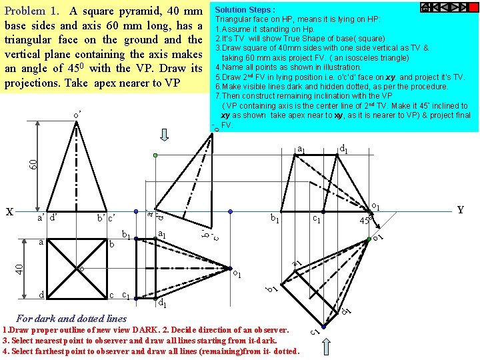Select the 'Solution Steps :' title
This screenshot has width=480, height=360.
point(245,10)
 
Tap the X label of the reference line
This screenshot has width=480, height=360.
point(9,212)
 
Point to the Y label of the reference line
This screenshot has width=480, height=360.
point(460,209)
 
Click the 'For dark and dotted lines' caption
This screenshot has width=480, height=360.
point(71,318)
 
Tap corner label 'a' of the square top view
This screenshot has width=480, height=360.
point(41,243)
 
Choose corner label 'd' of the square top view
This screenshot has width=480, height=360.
point(41,295)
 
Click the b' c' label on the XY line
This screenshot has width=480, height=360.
point(106,218)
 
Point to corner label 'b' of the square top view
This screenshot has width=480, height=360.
point(113,245)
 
